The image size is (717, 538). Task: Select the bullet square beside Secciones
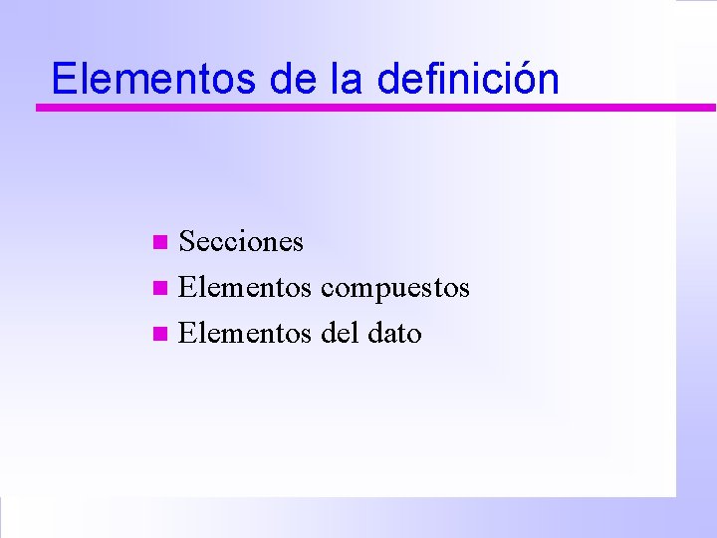pyautogui.click(x=162, y=242)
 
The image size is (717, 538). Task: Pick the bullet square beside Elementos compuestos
pyautogui.click(x=162, y=289)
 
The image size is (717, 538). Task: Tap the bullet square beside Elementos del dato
pyautogui.click(x=162, y=335)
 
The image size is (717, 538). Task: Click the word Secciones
pyautogui.click(x=241, y=242)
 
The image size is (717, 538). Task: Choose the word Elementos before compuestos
pyautogui.click(x=244, y=288)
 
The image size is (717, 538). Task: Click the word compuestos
pyautogui.click(x=395, y=289)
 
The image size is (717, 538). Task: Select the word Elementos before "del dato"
pyautogui.click(x=244, y=334)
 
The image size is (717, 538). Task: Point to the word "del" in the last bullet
pyautogui.click(x=340, y=334)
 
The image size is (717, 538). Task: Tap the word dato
pyautogui.click(x=394, y=334)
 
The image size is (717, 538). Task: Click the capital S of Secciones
pyautogui.click(x=186, y=242)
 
